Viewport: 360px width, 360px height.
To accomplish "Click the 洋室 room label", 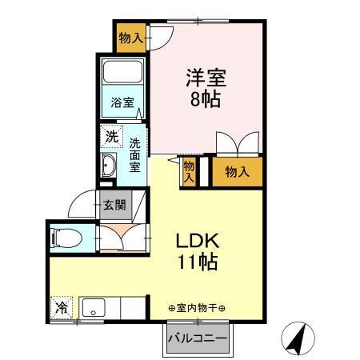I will click(206, 79).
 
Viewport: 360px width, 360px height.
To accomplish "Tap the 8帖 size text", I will click(206, 101).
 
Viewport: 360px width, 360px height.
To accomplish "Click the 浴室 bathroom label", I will click(122, 103).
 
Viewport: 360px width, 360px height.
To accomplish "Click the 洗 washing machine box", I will click(111, 136).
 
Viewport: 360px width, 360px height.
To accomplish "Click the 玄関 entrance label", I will click(113, 205).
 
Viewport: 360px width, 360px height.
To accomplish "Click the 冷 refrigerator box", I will click(61, 306).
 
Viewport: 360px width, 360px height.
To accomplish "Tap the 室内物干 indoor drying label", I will click(197, 308).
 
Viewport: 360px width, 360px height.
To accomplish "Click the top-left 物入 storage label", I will click(130, 38).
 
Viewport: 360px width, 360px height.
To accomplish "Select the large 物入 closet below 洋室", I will click(237, 171).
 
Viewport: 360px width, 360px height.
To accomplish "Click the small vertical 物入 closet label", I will click(190, 171).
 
